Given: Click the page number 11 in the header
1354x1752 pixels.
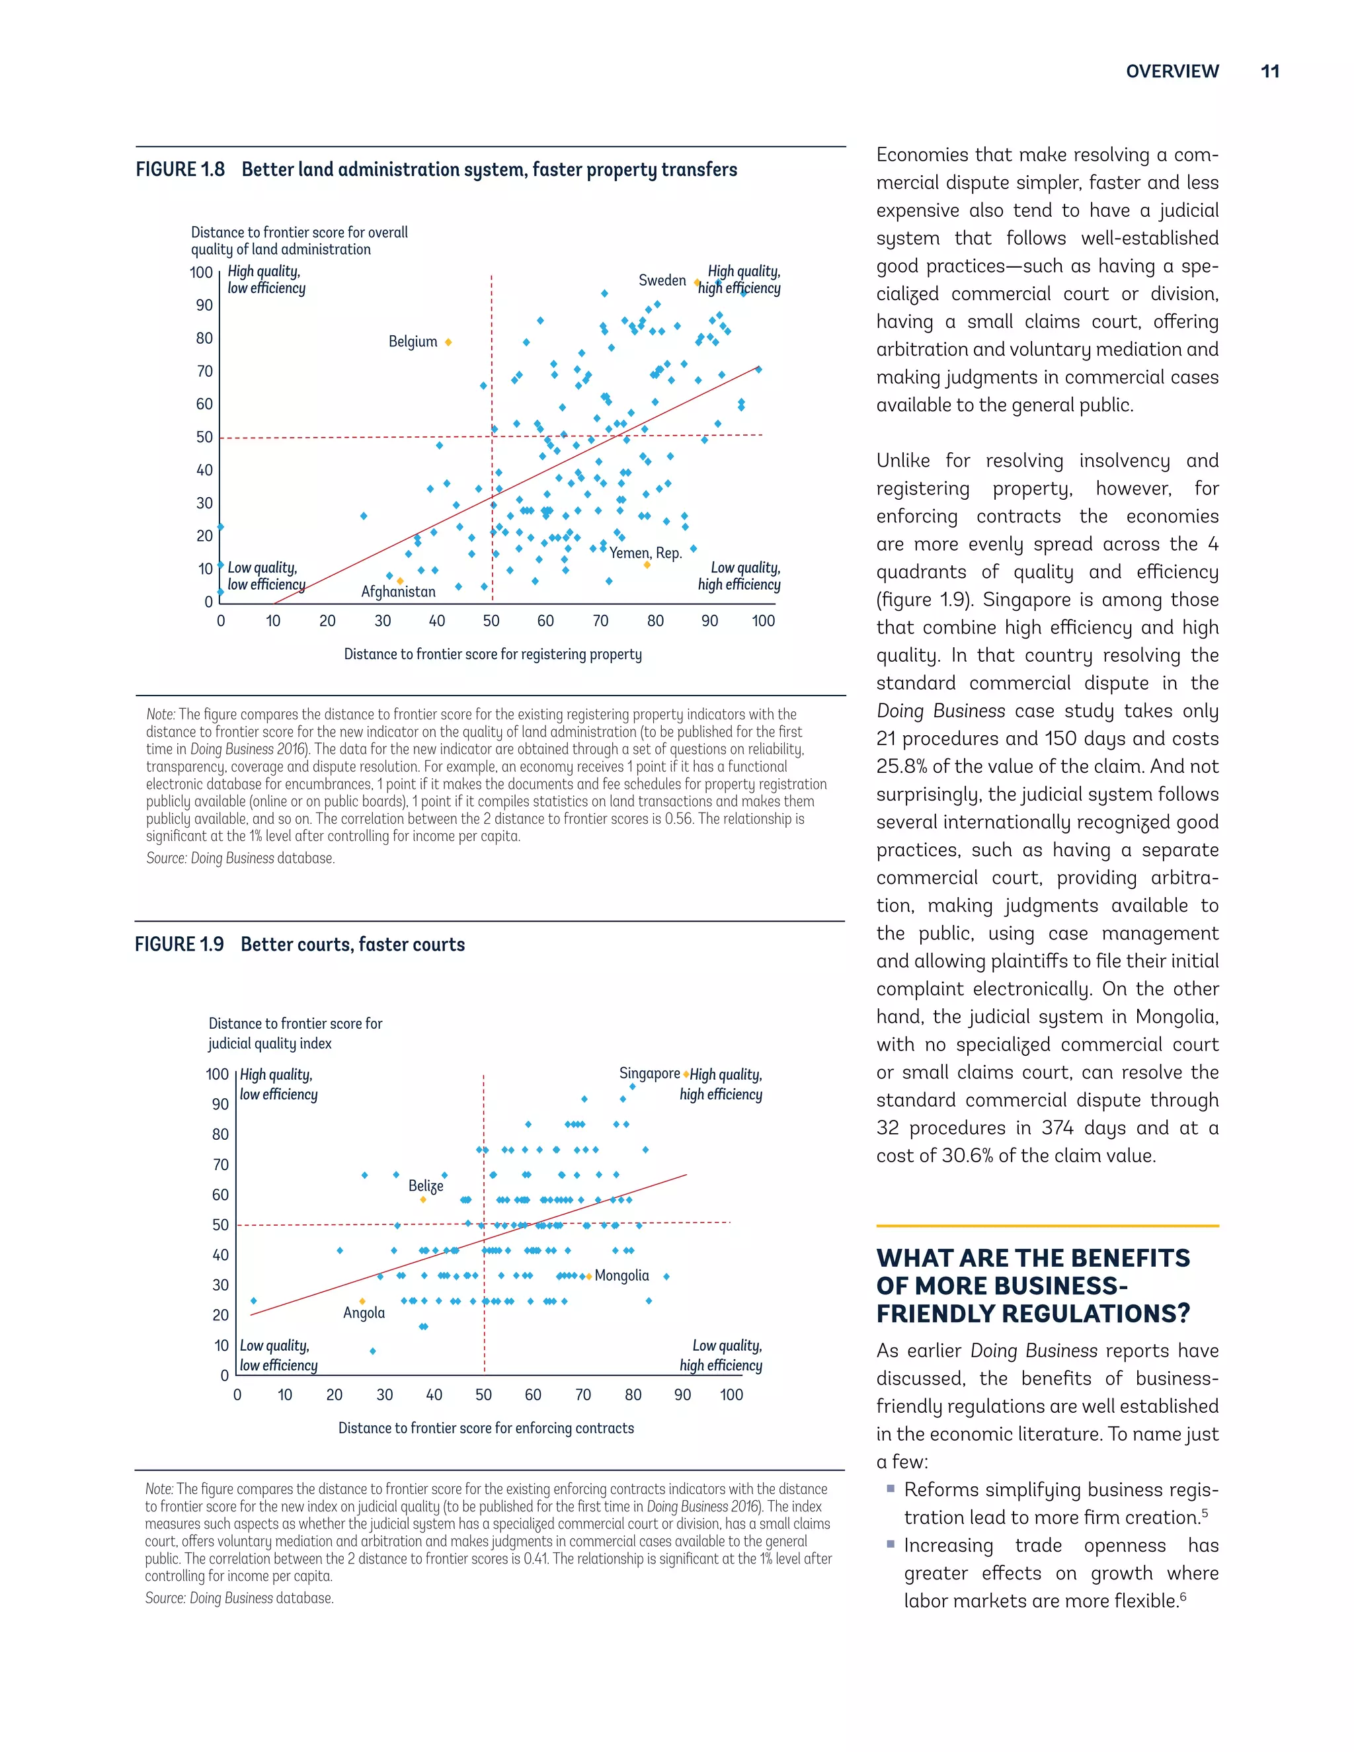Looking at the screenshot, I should (1270, 71).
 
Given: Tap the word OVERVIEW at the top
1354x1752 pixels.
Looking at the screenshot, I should (1172, 71).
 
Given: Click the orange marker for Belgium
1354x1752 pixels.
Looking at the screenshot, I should (448, 342).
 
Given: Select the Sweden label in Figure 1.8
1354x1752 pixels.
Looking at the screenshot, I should (662, 280).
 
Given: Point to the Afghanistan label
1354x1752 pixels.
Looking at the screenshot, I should (398, 592).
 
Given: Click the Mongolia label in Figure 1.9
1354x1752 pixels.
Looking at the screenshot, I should (621, 1275).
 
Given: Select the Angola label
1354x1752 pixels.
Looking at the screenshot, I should (364, 1313).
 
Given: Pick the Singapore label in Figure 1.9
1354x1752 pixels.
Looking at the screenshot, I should (649, 1073).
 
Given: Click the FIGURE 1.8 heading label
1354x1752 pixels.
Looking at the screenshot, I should (180, 170).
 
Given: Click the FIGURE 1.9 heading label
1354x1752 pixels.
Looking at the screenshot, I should (179, 944).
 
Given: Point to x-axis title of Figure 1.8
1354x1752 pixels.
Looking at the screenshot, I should (493, 655).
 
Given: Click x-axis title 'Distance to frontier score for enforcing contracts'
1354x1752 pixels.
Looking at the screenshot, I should (485, 1428).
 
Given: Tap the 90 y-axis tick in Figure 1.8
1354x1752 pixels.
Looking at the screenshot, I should (204, 305).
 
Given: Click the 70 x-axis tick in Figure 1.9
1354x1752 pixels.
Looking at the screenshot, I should (583, 1395).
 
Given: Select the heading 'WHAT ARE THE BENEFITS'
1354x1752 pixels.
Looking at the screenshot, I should (1032, 1258).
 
